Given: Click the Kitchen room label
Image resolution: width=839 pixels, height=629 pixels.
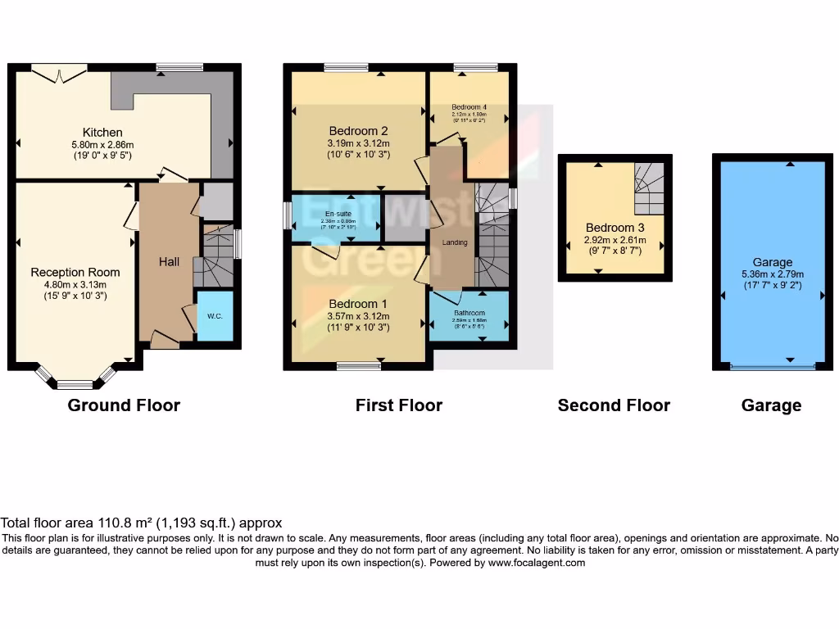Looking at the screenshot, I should point(102,132).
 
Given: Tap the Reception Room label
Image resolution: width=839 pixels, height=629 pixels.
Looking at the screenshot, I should point(75,273).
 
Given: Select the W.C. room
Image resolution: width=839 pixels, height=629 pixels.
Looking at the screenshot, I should point(215,315).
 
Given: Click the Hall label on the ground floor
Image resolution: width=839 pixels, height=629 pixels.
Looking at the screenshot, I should point(169,261).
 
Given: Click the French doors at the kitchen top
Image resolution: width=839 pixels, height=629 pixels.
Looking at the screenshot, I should point(59,74).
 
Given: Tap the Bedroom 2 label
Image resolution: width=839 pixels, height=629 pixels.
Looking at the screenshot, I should point(358,131).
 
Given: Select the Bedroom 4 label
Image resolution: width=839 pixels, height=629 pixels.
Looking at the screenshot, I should point(469,107).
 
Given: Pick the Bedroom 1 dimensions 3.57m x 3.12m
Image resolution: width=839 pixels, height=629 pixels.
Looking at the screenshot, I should point(358,315).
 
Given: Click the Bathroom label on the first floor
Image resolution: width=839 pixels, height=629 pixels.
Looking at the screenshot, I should point(469,313).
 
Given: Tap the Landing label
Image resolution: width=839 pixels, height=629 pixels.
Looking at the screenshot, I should point(455,242).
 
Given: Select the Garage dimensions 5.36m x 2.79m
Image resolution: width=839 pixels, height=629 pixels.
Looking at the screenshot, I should point(773,274).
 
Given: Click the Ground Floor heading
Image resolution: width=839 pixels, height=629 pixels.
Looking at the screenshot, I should point(124,405).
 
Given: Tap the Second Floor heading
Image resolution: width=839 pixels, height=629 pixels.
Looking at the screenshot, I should point(614,405).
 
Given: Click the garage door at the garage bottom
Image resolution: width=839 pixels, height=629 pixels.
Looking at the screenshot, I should point(773,367).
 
